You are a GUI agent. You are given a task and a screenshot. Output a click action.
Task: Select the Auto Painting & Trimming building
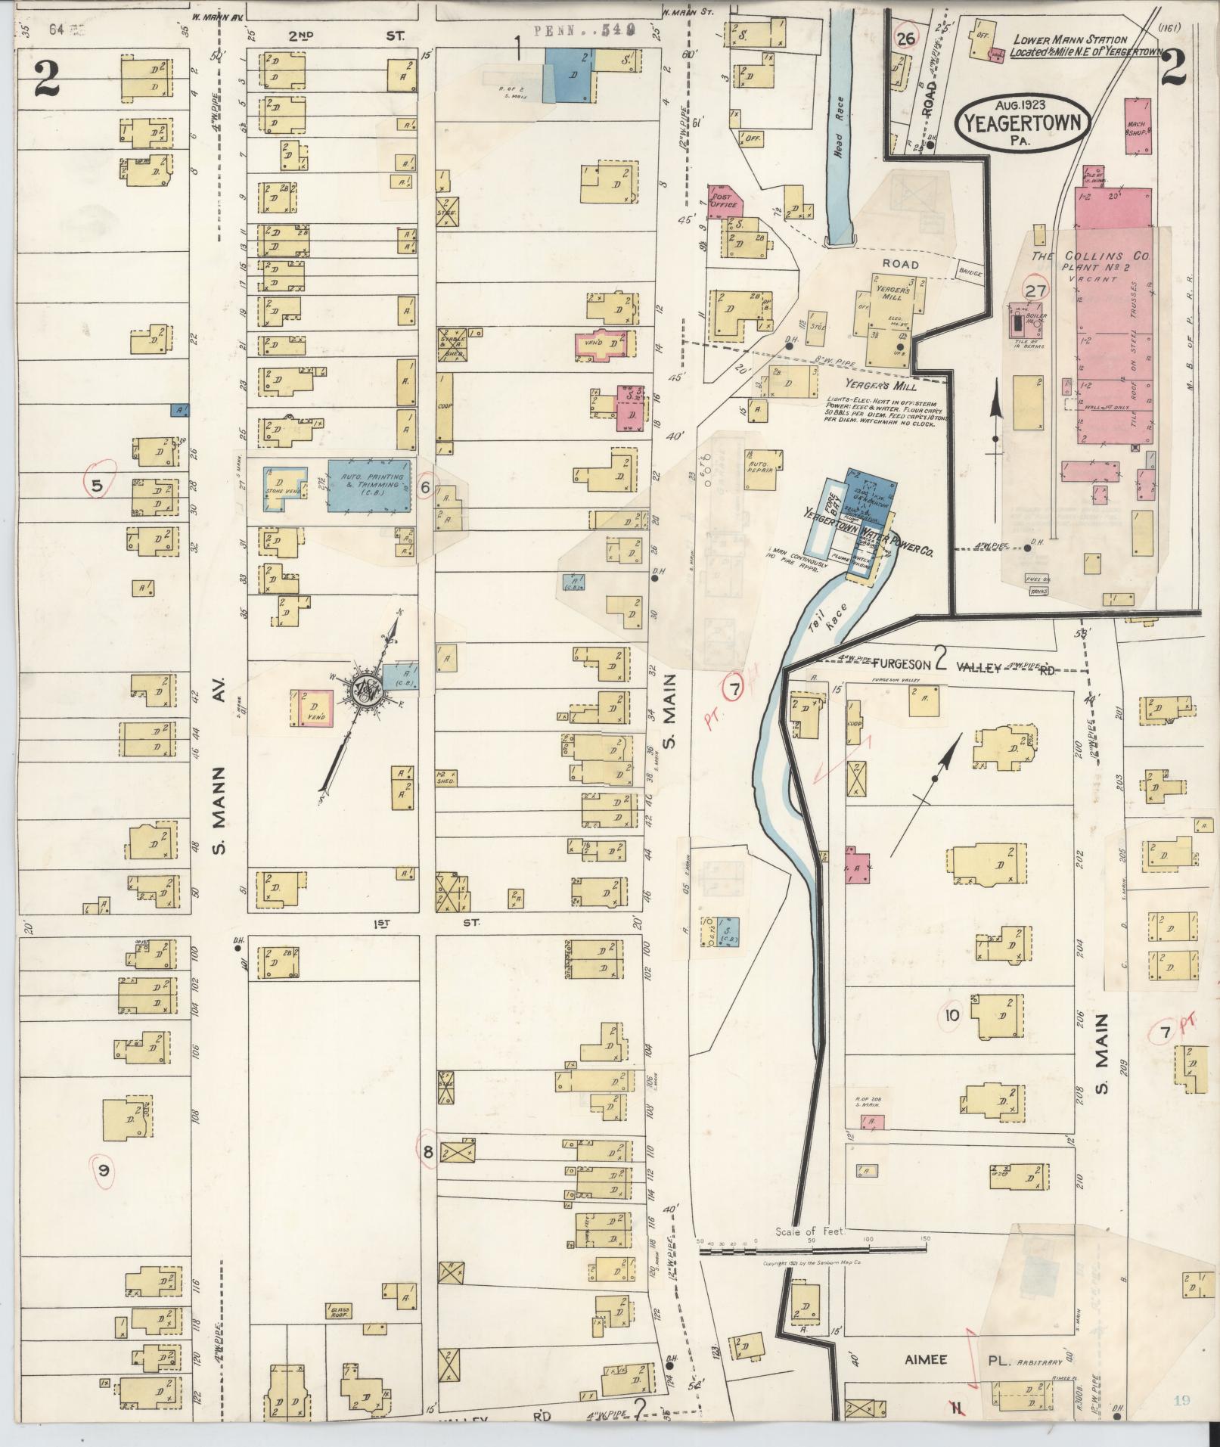pos(371,486)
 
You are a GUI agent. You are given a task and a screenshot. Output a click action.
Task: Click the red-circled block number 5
pos(98,486)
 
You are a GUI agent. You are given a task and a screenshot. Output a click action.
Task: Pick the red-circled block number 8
pos(428,1153)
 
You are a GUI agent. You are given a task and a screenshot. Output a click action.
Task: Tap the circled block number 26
pos(905,38)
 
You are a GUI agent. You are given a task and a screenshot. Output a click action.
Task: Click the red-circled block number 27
pos(1035,290)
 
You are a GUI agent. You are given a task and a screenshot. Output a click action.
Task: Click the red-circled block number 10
pos(951,1016)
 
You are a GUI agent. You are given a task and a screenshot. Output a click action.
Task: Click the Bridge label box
pos(969,272)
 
